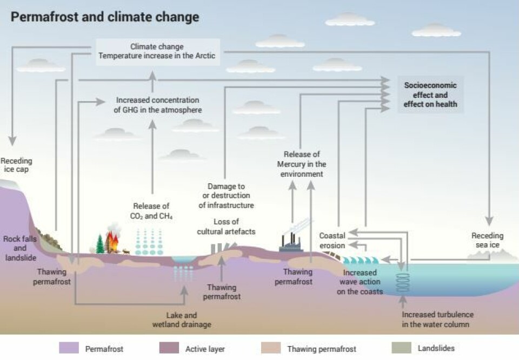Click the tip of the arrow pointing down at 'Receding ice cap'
[x=12, y=145]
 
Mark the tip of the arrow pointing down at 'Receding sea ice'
[x=489, y=225]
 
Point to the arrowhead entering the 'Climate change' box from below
[x=152, y=71]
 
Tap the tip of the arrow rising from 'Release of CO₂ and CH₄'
[x=152, y=120]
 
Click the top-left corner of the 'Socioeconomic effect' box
[x=397, y=76]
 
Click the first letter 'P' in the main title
[x=14, y=17]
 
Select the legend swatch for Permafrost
[x=69, y=348]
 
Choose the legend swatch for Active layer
[x=169, y=348]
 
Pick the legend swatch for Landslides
[x=401, y=348]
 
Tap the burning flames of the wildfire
[x=112, y=242]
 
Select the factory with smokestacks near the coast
[x=291, y=242]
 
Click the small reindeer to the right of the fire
[x=126, y=252]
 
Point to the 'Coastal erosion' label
[x=332, y=241]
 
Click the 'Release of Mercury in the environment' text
[x=302, y=164]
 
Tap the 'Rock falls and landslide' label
[x=20, y=248]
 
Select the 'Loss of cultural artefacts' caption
[x=226, y=226]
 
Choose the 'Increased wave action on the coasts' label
[x=360, y=282]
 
